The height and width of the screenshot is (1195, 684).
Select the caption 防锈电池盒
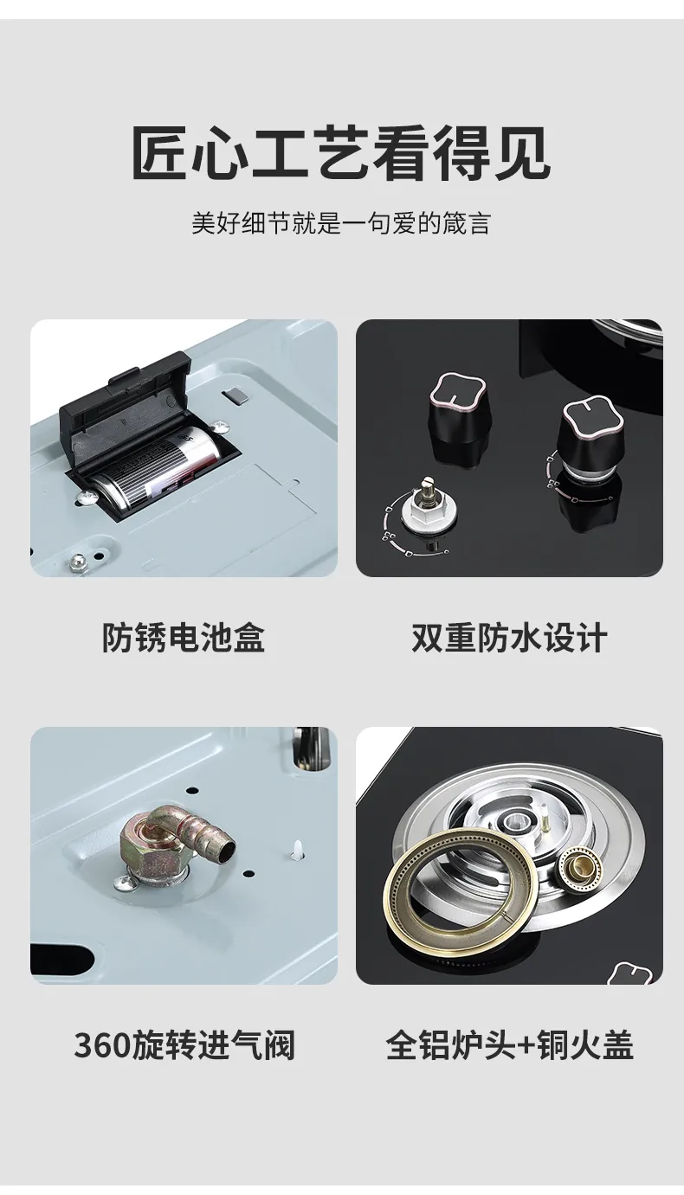(x=184, y=638)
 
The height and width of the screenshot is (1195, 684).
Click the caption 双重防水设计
(x=509, y=638)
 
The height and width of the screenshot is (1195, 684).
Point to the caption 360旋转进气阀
(x=184, y=1045)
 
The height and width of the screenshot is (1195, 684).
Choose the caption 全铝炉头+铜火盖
(x=509, y=1045)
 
